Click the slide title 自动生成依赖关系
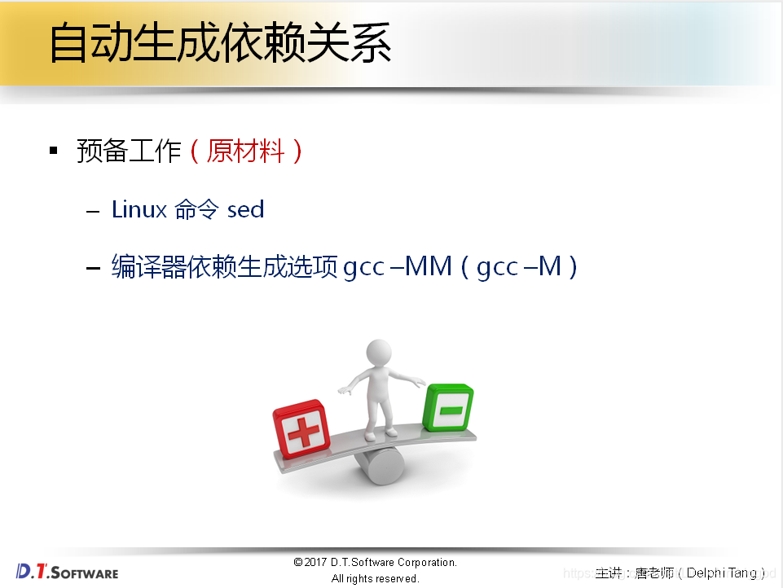pos(220,42)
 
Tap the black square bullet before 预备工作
pos(54,151)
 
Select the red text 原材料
pos(246,151)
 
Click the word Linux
pos(138,209)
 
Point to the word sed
pos(245,209)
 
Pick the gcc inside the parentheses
pos(497,266)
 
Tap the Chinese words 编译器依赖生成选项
pos(225,266)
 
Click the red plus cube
pos(301,430)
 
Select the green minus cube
pos(448,406)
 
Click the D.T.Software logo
pos(67,571)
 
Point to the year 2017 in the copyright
pos(316,563)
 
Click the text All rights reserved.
pos(375,578)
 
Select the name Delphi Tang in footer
pos(722,573)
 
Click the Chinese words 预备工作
pos(129,151)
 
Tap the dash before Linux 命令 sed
pos(93,211)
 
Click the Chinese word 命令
pos(196,209)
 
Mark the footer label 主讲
pos(609,573)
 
